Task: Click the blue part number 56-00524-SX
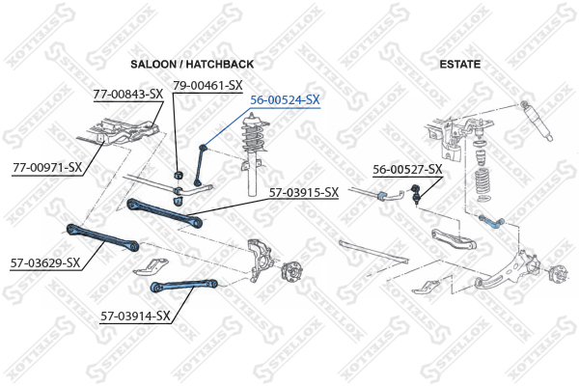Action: coord(285,99)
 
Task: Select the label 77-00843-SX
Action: coord(127,95)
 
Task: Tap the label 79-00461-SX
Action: coord(207,86)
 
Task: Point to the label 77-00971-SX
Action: coord(47,167)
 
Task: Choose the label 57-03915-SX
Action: coord(304,192)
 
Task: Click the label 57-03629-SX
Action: coord(45,263)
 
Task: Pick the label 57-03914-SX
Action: coord(135,316)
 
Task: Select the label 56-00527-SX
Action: coord(407,169)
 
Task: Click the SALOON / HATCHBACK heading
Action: coord(192,65)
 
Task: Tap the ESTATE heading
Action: coord(459,65)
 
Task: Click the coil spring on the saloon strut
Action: coord(254,137)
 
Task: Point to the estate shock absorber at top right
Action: coord(537,121)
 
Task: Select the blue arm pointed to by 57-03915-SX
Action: coord(164,212)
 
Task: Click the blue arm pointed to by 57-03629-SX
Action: coord(102,237)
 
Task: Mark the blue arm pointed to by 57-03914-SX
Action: coord(184,286)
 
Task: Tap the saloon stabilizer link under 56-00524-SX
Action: coord(201,165)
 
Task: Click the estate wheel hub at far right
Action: coord(557,274)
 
